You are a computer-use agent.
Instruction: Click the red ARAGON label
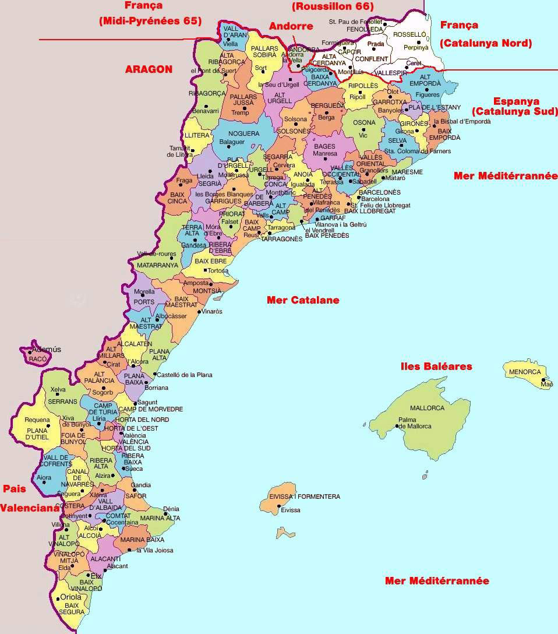(x=149, y=69)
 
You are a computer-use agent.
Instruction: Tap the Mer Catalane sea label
(x=303, y=300)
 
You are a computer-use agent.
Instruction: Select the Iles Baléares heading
(x=436, y=367)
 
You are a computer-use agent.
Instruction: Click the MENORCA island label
(x=525, y=372)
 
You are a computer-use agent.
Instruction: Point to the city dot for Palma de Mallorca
(x=397, y=426)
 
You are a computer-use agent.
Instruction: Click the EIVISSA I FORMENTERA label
(x=304, y=496)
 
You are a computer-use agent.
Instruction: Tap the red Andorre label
(x=291, y=26)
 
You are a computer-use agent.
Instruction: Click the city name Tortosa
(x=218, y=271)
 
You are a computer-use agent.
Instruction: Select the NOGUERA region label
(x=235, y=133)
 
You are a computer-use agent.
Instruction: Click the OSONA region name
(x=365, y=123)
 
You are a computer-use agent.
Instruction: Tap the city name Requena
(x=37, y=420)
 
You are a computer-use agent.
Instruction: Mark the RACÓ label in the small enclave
(x=37, y=360)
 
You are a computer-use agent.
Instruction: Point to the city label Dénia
(x=171, y=509)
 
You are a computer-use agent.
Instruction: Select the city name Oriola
(x=71, y=597)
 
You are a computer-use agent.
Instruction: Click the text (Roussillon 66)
(x=333, y=6)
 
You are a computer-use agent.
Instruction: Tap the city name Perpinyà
(x=416, y=47)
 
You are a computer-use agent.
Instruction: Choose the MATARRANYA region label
(x=157, y=265)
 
